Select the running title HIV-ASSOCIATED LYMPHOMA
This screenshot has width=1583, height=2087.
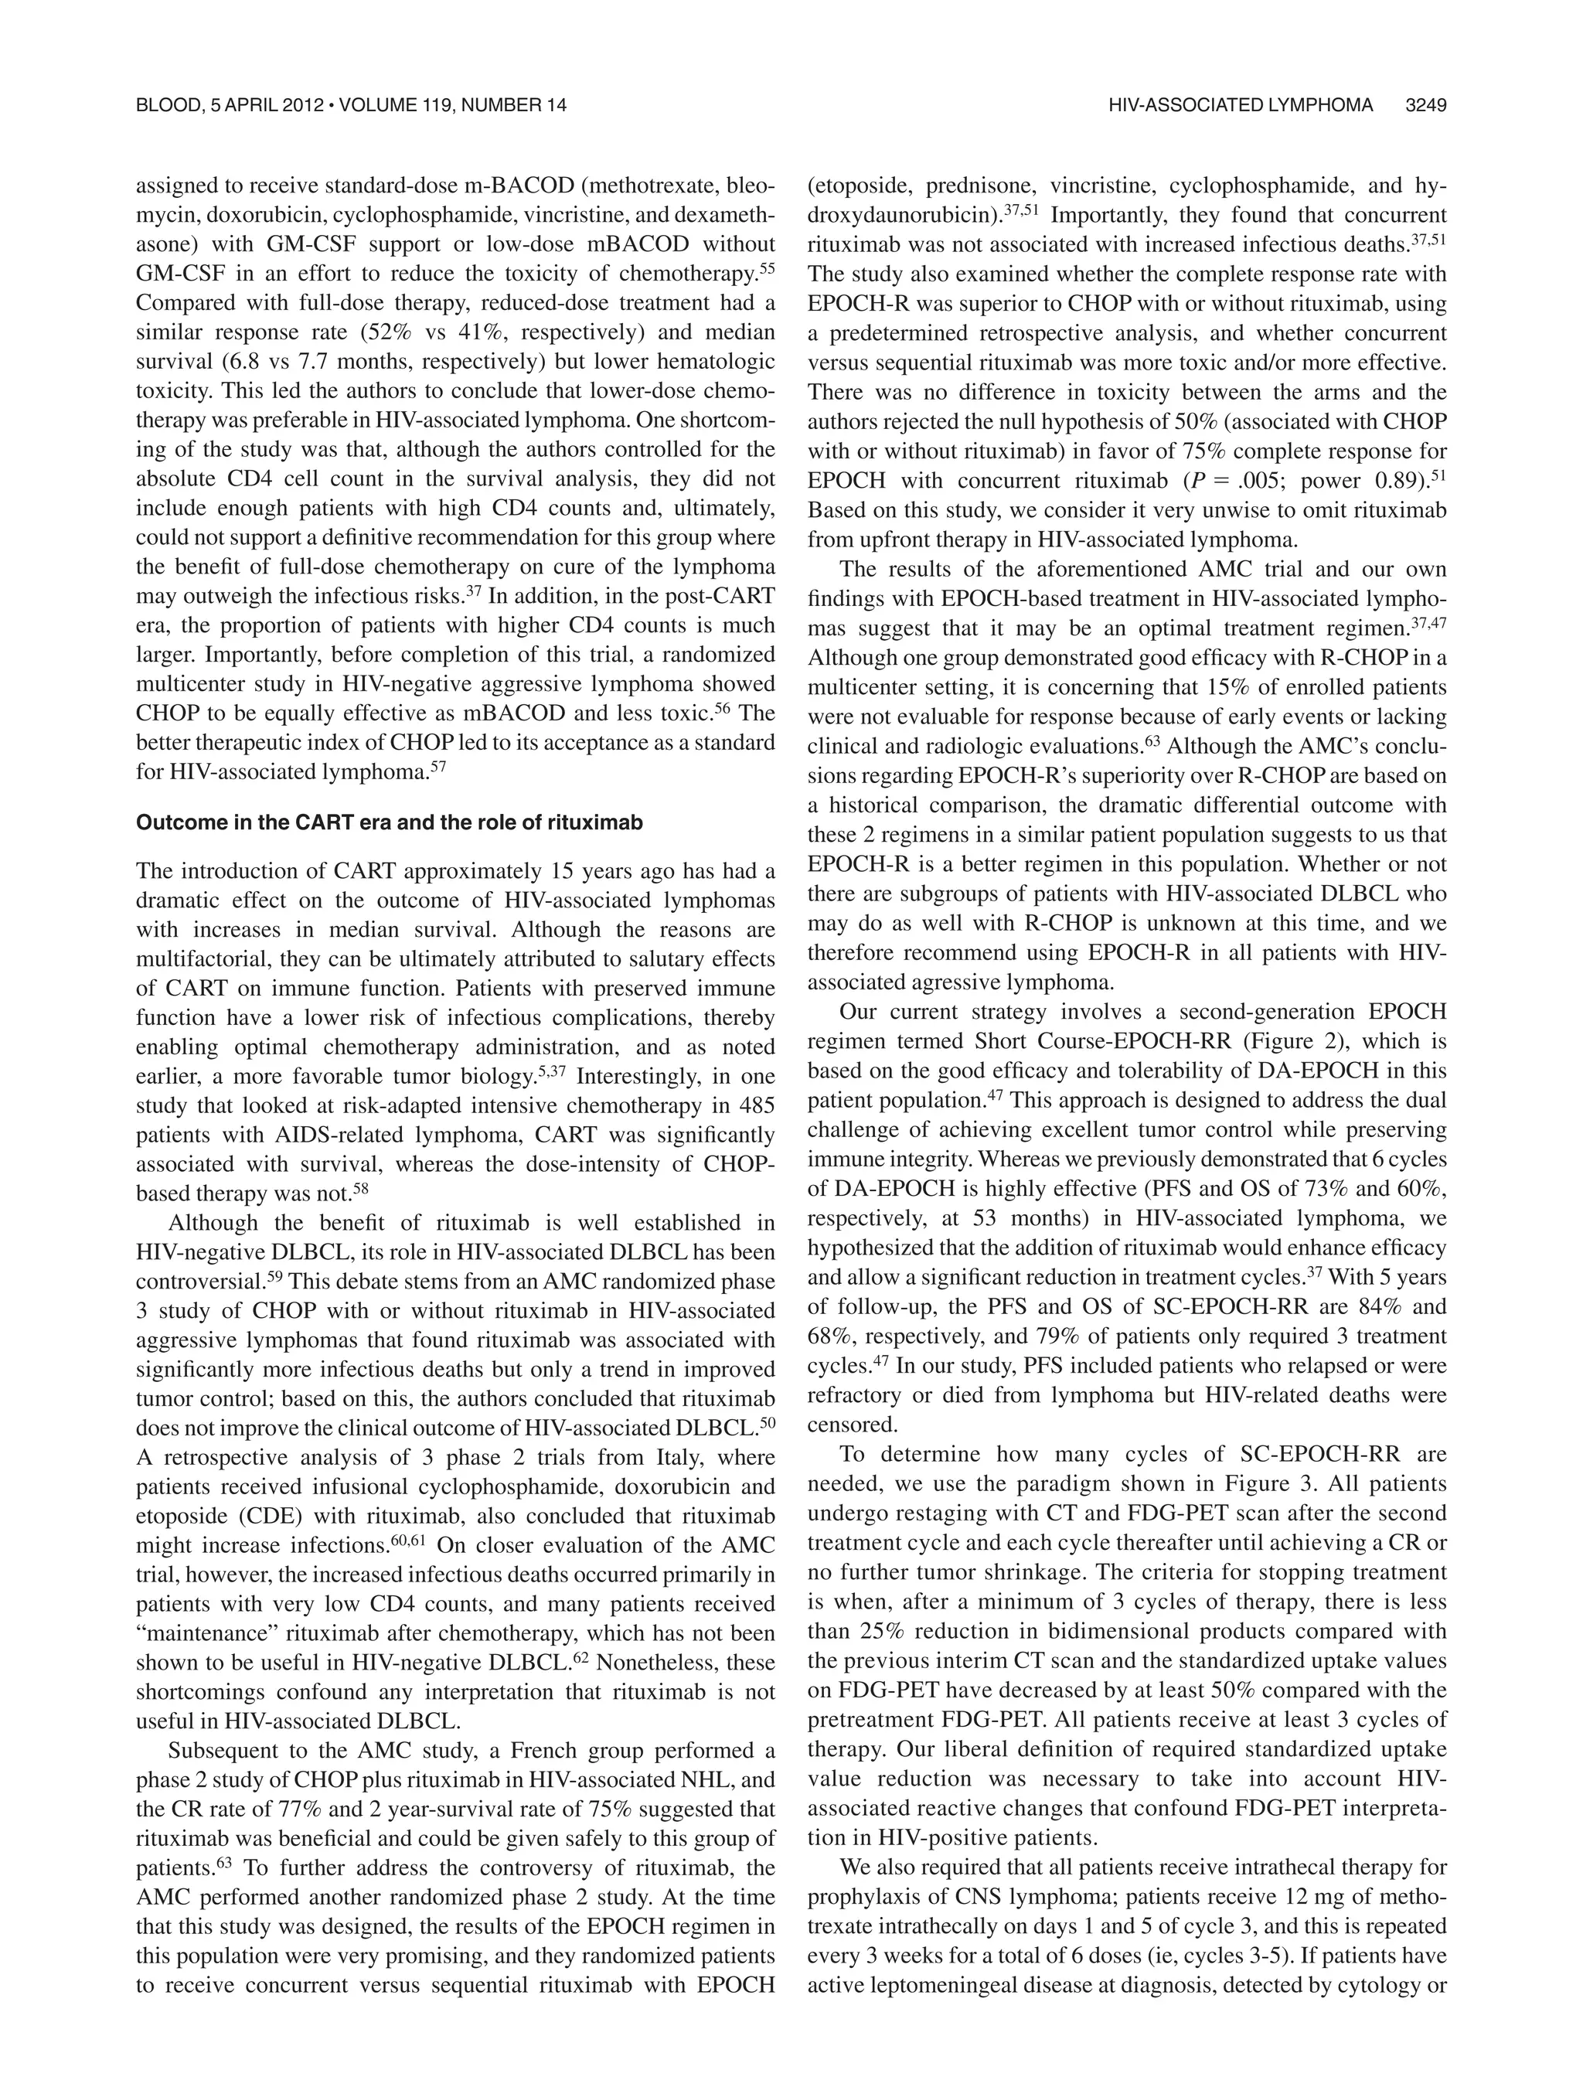(x=1241, y=106)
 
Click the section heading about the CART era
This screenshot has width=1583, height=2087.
(x=389, y=822)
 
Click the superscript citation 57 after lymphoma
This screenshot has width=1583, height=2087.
(x=437, y=769)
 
